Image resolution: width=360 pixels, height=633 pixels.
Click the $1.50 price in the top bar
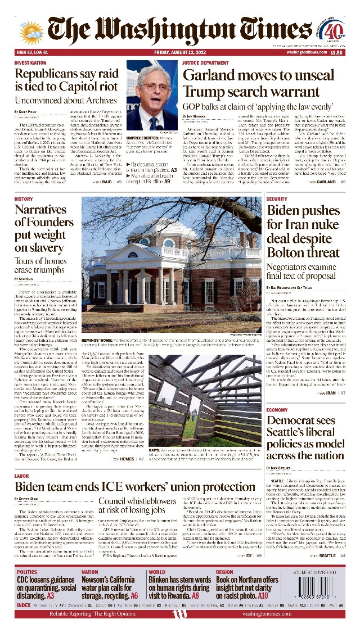tap(336, 52)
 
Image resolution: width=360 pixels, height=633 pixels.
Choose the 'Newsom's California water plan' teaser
tap(110, 588)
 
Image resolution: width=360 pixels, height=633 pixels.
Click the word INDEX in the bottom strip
tap(24, 605)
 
